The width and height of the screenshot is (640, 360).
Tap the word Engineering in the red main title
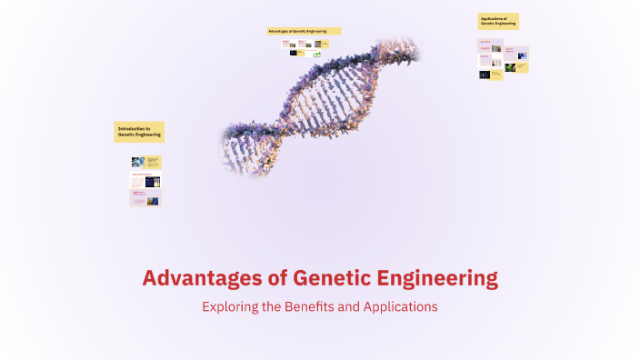(x=439, y=277)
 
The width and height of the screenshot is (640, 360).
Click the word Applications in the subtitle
(x=401, y=307)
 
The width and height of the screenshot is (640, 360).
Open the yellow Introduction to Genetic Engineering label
(x=139, y=132)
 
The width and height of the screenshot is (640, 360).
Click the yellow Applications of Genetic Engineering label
(x=498, y=21)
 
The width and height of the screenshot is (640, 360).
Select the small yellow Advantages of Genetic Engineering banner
(x=304, y=31)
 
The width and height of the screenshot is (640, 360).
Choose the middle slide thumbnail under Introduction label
(x=145, y=180)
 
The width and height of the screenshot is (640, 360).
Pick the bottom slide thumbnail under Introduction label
(x=145, y=197)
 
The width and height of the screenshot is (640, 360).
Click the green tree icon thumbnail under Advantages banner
(x=317, y=55)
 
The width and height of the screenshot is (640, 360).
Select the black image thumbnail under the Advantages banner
(x=294, y=53)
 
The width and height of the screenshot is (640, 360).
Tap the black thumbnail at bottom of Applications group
(x=485, y=75)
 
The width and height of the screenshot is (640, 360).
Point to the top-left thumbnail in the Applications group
(x=485, y=46)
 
